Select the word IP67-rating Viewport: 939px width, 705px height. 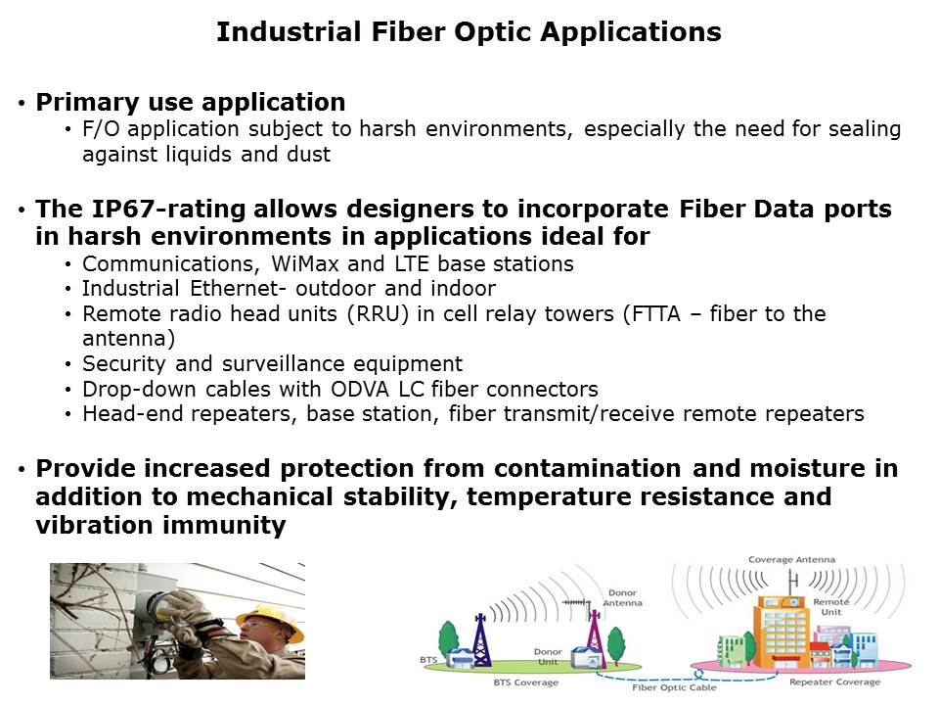(168, 209)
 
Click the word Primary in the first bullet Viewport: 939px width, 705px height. (87, 103)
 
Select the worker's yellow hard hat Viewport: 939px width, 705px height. (273, 620)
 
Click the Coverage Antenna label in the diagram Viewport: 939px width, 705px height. (791, 559)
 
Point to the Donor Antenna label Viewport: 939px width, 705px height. (623, 597)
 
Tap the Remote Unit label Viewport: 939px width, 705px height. (831, 607)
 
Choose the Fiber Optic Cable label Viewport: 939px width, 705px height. (674, 687)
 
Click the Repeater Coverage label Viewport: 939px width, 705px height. (834, 681)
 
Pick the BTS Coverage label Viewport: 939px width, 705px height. (526, 682)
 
